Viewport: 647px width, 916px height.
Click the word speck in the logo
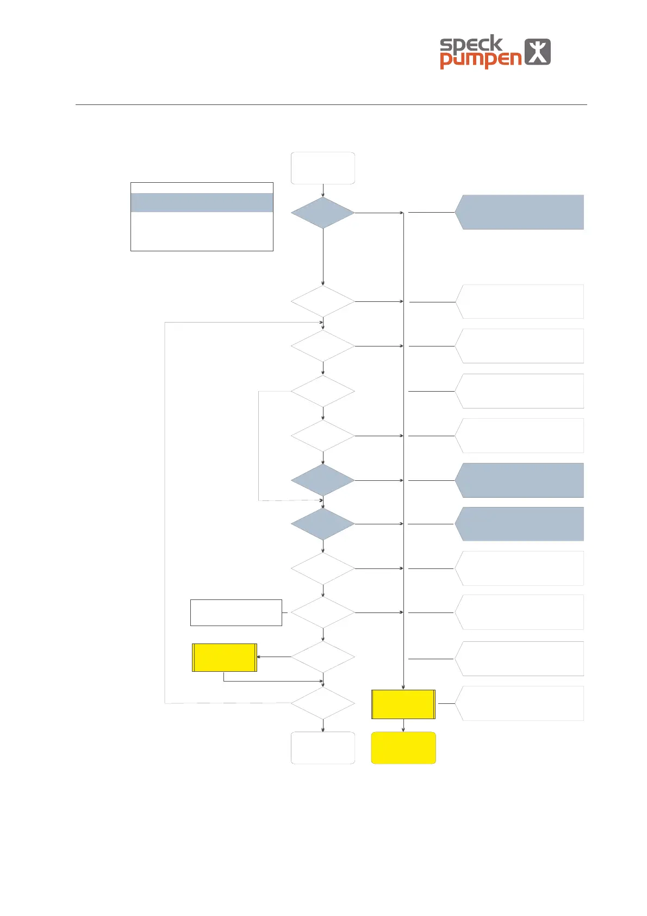click(x=471, y=44)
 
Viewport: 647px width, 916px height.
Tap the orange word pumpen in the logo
click(x=480, y=59)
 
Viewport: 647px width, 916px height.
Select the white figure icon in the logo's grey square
click(x=537, y=52)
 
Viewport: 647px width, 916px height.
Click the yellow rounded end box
click(x=403, y=748)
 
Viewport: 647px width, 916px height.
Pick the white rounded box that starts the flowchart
click(x=323, y=168)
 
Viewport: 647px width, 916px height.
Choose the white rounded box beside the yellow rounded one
click(x=323, y=748)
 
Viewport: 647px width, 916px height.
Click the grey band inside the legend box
click(x=202, y=202)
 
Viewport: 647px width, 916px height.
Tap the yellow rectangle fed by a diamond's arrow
click(x=225, y=657)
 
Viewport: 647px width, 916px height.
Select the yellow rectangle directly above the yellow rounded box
click(x=403, y=704)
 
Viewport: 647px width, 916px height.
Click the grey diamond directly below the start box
click(x=323, y=213)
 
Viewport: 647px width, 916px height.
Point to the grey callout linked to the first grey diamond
click(x=519, y=212)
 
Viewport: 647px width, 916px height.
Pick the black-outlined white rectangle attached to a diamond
click(x=236, y=612)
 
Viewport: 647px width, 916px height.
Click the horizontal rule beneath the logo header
click(x=331, y=104)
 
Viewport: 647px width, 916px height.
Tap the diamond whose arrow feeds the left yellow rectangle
click(x=323, y=657)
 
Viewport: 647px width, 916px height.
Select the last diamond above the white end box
click(x=323, y=703)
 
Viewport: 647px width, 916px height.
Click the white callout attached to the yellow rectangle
click(x=519, y=703)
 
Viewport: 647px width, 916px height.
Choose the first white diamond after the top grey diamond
click(x=323, y=301)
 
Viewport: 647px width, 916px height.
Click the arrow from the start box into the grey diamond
click(x=323, y=190)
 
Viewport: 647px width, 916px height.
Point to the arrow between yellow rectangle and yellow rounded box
click(x=403, y=726)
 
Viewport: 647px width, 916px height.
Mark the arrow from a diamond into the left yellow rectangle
click(x=274, y=657)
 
